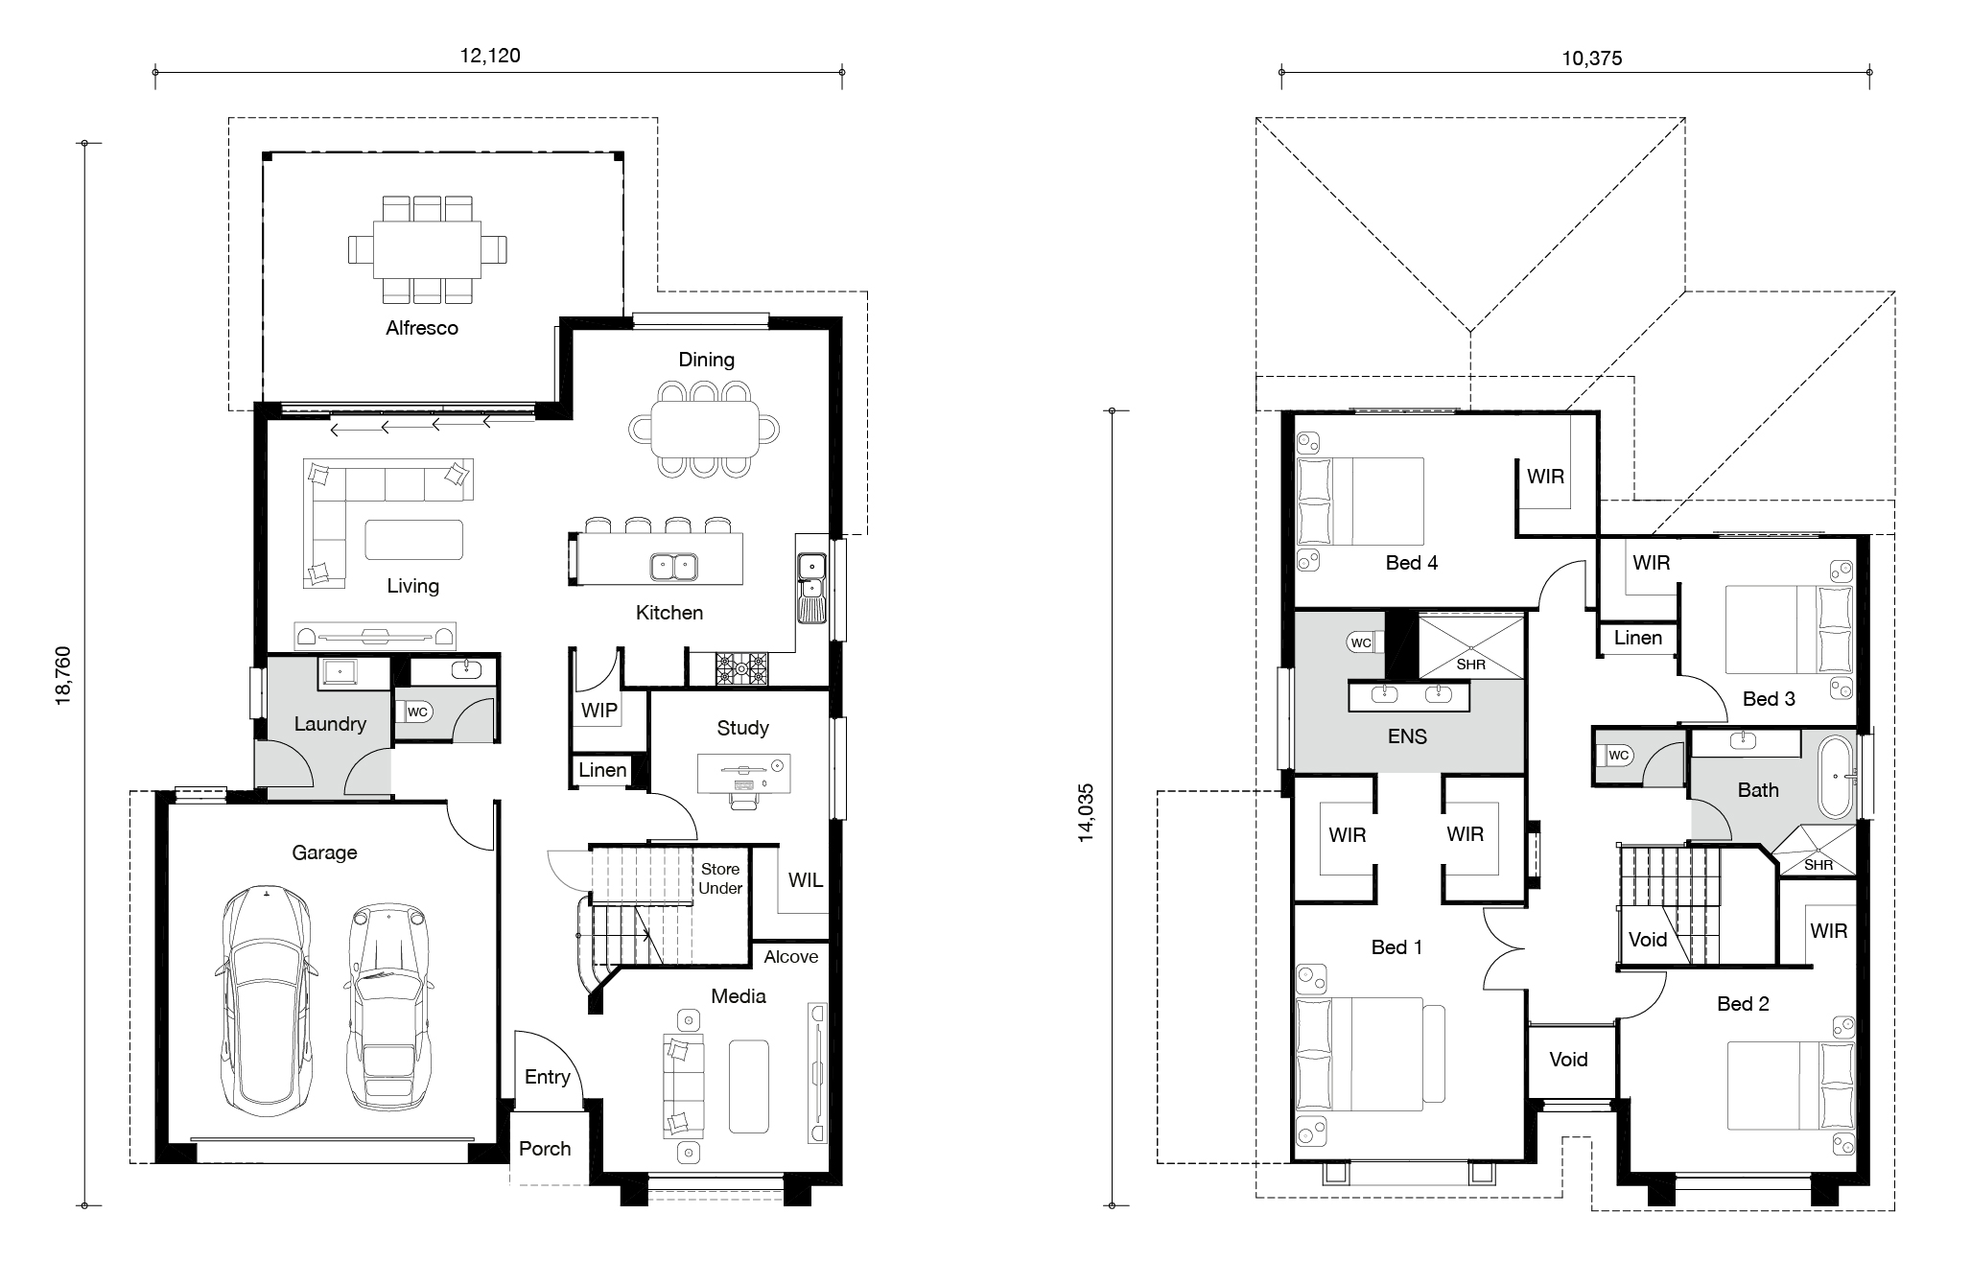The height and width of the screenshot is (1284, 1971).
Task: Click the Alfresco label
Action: [422, 328]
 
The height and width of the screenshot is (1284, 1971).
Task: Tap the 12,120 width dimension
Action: [490, 56]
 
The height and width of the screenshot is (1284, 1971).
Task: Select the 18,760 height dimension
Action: [63, 675]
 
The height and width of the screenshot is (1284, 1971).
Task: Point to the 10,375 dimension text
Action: [1591, 58]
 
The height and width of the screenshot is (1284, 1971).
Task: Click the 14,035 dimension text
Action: [1086, 813]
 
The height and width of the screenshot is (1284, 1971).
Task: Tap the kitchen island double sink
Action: [673, 567]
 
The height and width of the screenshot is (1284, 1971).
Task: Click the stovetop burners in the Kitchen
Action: [741, 668]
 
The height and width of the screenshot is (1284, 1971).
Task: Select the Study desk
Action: [744, 774]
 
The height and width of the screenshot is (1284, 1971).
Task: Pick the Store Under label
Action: [720, 878]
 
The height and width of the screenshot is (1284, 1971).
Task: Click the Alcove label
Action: [791, 957]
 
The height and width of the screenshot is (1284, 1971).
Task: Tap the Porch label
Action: [545, 1149]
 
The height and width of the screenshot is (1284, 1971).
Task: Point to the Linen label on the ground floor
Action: [602, 770]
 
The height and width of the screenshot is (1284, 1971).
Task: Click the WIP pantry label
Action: [599, 711]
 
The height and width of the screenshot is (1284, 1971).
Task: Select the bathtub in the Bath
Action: [1837, 777]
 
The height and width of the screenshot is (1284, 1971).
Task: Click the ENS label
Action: [1407, 736]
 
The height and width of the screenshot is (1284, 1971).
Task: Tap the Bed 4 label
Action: [1412, 563]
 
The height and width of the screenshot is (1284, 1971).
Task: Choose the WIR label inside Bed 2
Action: [1829, 931]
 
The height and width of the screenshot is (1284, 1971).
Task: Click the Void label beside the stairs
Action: [1648, 940]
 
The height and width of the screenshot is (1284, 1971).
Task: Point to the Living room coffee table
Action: [414, 540]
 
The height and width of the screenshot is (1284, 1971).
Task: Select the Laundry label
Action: [330, 724]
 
